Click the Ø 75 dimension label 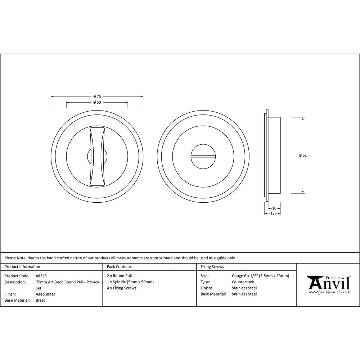point(97,96)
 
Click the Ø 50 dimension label point(97,103)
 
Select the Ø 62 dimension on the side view point(302,155)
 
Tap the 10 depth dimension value point(274,208)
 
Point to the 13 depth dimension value point(272,213)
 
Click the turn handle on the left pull point(97,156)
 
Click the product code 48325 point(41,276)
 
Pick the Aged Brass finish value point(45,294)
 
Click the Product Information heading point(22,267)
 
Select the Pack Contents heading point(119,267)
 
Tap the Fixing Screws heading point(212,267)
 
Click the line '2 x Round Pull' point(120,276)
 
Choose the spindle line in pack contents point(130,282)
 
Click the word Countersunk point(243,282)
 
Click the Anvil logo point(328,283)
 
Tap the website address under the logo point(329,292)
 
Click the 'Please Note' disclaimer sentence point(120,258)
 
